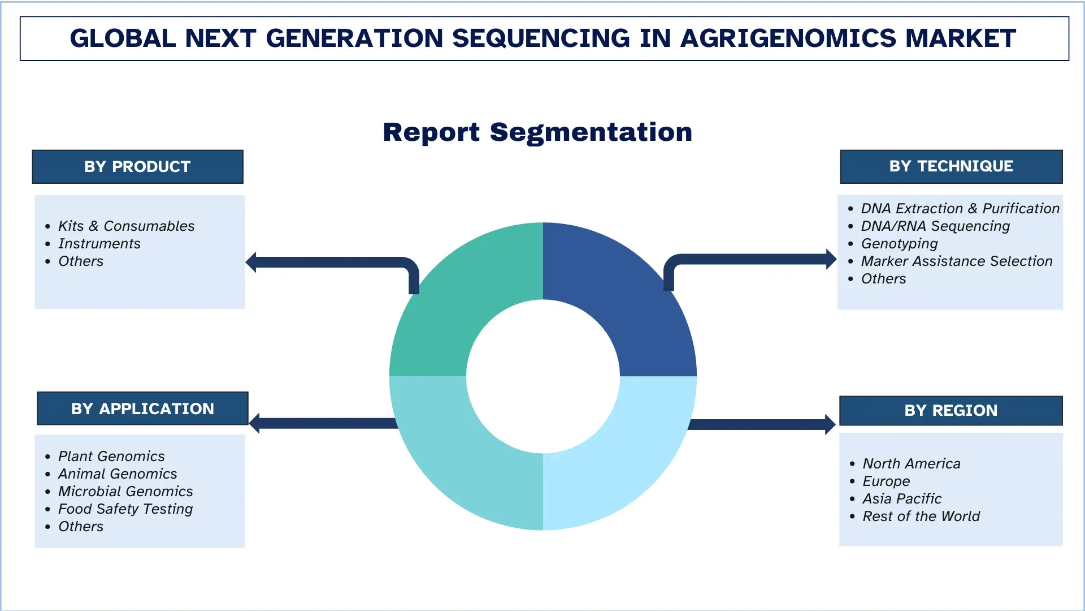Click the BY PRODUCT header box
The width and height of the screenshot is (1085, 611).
click(137, 167)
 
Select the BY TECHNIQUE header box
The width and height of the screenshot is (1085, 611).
click(951, 166)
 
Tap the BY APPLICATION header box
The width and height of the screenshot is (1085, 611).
click(142, 408)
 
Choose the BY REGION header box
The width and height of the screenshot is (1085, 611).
click(951, 410)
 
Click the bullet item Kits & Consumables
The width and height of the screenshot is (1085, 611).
click(126, 226)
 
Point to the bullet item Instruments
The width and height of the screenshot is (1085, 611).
click(99, 244)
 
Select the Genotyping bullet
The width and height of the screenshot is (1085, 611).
click(899, 244)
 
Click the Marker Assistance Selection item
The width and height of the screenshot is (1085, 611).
click(957, 261)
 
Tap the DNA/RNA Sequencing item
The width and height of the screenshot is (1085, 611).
click(935, 226)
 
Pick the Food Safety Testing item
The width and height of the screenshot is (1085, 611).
click(125, 509)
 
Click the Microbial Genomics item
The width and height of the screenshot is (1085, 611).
click(125, 492)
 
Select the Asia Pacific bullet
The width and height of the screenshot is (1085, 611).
click(902, 499)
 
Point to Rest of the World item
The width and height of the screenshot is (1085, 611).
click(921, 517)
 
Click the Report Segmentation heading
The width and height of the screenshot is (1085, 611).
click(537, 132)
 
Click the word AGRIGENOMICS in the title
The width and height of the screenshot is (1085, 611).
click(788, 38)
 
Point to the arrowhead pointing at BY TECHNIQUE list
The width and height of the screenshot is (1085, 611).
click(831, 260)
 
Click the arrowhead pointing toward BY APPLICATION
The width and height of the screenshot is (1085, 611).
click(254, 423)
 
